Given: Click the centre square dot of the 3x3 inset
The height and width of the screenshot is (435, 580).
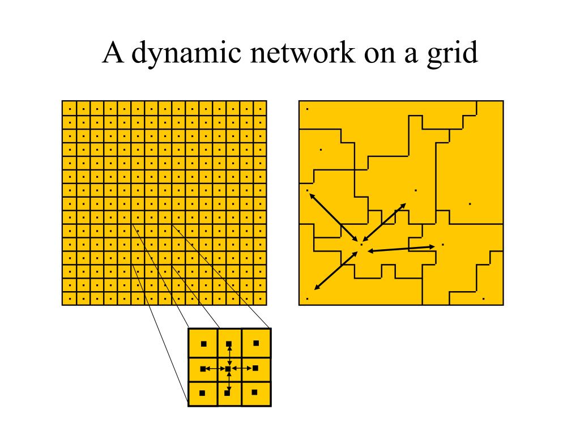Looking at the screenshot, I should pyautogui.click(x=228, y=369).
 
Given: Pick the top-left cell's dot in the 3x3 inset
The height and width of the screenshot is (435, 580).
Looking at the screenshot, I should pyautogui.click(x=203, y=344).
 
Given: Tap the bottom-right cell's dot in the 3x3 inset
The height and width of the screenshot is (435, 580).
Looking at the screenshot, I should pyautogui.click(x=254, y=392).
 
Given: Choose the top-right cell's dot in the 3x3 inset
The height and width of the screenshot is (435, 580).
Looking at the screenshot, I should pyautogui.click(x=255, y=343).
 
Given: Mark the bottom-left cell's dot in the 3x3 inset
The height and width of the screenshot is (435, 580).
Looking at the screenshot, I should pyautogui.click(x=202, y=393).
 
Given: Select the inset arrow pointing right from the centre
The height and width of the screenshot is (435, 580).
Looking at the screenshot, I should pyautogui.click(x=242, y=369).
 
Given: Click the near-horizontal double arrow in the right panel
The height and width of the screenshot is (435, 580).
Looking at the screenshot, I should pyautogui.click(x=402, y=248).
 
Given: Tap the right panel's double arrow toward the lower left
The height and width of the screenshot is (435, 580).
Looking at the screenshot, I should pyautogui.click(x=335, y=268).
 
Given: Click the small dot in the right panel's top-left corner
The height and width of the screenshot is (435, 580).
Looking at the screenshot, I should pyautogui.click(x=308, y=108).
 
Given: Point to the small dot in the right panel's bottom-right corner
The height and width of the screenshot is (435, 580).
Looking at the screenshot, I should pyautogui.click(x=483, y=298).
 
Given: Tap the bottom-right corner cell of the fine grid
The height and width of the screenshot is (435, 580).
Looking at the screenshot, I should pyautogui.click(x=259, y=298).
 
